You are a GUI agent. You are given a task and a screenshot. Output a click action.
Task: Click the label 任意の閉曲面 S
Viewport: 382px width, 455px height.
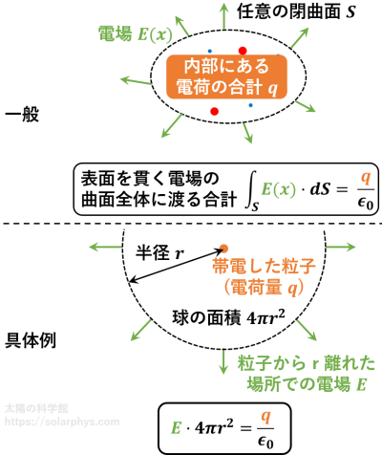296,11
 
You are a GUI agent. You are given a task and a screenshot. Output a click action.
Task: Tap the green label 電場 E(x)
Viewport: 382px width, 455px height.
135,33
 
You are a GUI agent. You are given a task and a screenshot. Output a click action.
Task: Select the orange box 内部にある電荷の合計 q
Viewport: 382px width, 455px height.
226,76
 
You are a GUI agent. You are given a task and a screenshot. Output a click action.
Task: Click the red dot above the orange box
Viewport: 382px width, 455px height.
243,51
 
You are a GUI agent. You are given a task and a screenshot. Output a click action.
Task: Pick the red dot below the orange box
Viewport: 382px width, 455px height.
215,111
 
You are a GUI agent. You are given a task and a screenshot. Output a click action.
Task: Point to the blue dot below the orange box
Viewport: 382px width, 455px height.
250,105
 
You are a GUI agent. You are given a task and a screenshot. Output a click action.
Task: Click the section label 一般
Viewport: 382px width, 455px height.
22,115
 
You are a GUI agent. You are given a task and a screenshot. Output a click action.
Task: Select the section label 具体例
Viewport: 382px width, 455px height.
31,340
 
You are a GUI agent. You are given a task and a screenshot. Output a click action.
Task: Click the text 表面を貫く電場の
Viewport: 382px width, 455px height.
150,179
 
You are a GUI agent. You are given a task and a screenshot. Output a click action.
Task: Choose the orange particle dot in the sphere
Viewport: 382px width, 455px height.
223,249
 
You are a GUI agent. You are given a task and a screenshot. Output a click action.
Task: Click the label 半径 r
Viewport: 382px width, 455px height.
160,253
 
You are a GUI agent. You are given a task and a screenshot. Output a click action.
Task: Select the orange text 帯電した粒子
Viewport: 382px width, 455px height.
264,266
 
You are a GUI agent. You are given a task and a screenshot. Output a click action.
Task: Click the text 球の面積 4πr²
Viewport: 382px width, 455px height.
228,317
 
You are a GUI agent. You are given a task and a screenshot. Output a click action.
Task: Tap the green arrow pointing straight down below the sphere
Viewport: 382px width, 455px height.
223,361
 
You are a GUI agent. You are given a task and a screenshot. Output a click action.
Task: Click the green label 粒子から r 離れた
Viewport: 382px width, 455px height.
307,363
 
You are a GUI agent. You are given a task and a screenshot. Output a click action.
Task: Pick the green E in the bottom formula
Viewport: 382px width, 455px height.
176,427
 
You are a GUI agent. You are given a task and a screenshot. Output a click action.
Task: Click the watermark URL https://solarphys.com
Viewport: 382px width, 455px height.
62,422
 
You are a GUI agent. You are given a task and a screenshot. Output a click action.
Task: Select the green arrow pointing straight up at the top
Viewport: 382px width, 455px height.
224,16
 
